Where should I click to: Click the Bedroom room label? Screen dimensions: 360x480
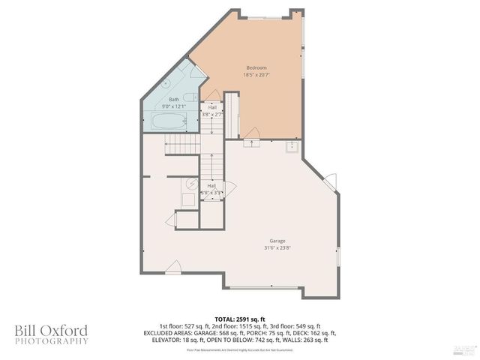256,67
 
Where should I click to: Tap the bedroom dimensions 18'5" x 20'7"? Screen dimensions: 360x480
256,75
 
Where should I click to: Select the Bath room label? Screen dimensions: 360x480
173,99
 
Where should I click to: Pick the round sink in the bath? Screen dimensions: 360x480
166,84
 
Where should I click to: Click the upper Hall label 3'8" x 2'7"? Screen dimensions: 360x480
211,111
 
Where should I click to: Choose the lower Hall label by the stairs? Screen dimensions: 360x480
211,188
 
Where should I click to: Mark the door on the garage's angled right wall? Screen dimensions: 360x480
330,181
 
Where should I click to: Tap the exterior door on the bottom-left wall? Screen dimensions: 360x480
173,266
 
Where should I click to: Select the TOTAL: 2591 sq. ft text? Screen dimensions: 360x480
240,319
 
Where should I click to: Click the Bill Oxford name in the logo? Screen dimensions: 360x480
51,330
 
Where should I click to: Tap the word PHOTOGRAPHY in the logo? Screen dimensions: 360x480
51,341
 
